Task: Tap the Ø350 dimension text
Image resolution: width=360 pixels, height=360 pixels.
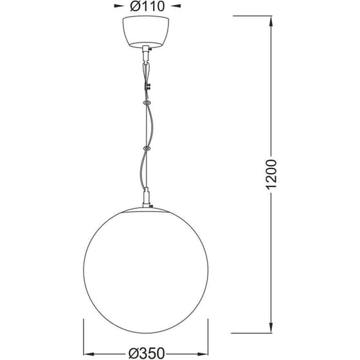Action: [x=147, y=352]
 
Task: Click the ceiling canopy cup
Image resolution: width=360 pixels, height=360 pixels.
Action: [x=147, y=32]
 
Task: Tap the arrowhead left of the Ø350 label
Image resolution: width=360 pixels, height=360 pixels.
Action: [x=87, y=352]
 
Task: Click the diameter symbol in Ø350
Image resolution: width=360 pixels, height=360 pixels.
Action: [x=134, y=352]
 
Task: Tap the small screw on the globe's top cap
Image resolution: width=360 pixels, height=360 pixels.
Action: [x=156, y=208]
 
